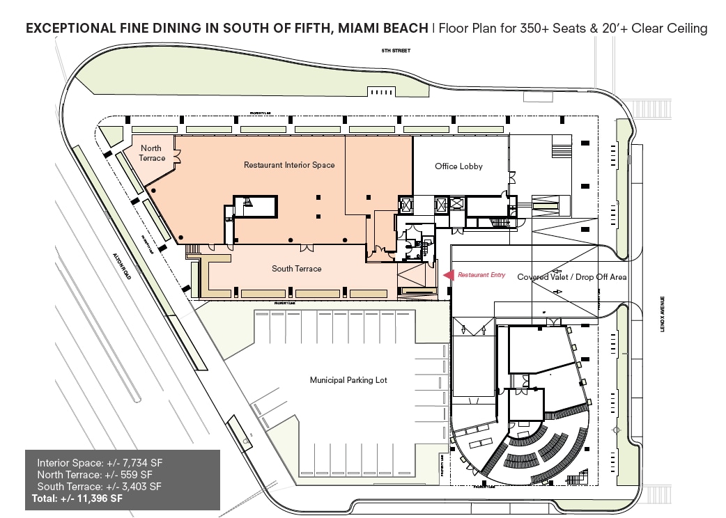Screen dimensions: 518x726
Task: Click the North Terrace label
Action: pyautogui.click(x=152, y=153)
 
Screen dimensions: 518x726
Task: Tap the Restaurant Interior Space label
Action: pyautogui.click(x=288, y=165)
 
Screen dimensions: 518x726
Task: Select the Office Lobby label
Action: pyautogui.click(x=458, y=166)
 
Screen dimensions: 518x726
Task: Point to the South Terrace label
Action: pyautogui.click(x=296, y=269)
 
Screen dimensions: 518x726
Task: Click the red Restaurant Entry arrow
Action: pyautogui.click(x=449, y=275)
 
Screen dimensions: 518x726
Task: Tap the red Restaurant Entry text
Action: pyautogui.click(x=481, y=276)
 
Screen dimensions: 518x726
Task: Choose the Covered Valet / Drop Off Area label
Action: pyautogui.click(x=571, y=277)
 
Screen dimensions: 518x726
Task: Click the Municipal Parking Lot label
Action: pyautogui.click(x=348, y=380)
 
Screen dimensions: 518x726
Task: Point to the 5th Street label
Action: pyautogui.click(x=395, y=51)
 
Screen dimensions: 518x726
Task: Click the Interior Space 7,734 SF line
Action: pyautogui.click(x=100, y=462)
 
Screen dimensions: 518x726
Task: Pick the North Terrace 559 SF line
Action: pyautogui.click(x=99, y=474)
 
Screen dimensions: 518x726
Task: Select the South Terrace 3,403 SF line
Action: pyautogui.click(x=99, y=486)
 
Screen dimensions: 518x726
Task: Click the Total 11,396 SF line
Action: pyautogui.click(x=77, y=499)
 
